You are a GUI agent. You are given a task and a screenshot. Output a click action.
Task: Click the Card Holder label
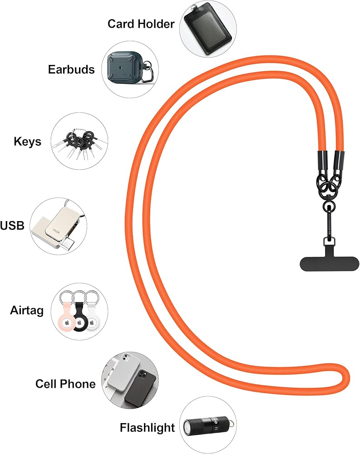pyautogui.click(x=141, y=24)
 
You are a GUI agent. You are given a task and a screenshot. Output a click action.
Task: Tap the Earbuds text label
pyautogui.click(x=71, y=69)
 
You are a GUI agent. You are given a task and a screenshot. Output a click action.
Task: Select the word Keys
pyautogui.click(x=27, y=141)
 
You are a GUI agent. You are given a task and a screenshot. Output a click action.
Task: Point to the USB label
pyautogui.click(x=12, y=225)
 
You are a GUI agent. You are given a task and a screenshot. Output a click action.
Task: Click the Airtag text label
pyautogui.click(x=27, y=311)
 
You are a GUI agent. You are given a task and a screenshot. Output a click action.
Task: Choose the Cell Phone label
pyautogui.click(x=65, y=384)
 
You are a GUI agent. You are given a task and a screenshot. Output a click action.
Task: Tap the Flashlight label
pyautogui.click(x=147, y=428)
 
